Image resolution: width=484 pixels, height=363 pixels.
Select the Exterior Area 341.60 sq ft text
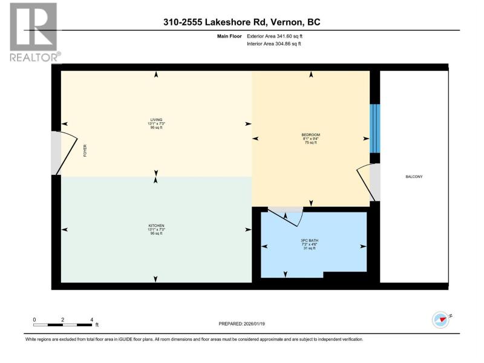click(275, 36)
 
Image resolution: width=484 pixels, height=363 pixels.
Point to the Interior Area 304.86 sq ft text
click(274, 44)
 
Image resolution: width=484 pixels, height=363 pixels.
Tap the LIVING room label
click(156, 120)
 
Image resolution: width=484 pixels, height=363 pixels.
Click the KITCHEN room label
click(156, 226)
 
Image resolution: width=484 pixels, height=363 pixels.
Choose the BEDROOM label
click(310, 135)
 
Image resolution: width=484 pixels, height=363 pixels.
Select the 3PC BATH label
click(309, 240)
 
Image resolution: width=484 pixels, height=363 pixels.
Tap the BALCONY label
click(414, 177)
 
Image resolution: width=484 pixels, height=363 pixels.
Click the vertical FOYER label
click(85, 151)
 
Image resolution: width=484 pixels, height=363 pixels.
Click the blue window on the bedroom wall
click(374, 128)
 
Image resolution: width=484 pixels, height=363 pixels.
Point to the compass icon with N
click(442, 320)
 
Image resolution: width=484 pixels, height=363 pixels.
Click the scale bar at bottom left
click(63, 325)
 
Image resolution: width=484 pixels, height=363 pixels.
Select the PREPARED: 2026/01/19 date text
click(241, 324)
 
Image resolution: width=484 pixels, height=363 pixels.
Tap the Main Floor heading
click(229, 36)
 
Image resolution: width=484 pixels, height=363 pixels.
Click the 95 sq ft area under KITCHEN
click(156, 234)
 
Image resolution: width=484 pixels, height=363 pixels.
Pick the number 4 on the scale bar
click(92, 320)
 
